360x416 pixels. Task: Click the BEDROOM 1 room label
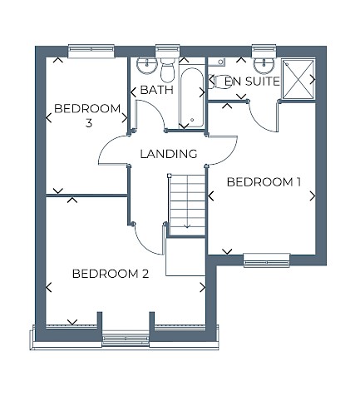[263, 182]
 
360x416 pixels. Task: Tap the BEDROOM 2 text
[110, 274]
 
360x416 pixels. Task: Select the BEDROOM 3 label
[86, 116]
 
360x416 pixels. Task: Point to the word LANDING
[168, 154]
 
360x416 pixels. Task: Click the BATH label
[155, 89]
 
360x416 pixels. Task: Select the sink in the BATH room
[146, 66]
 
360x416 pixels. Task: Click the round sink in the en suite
[264, 65]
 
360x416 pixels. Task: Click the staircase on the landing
[186, 200]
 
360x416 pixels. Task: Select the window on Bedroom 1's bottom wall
[265, 262]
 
